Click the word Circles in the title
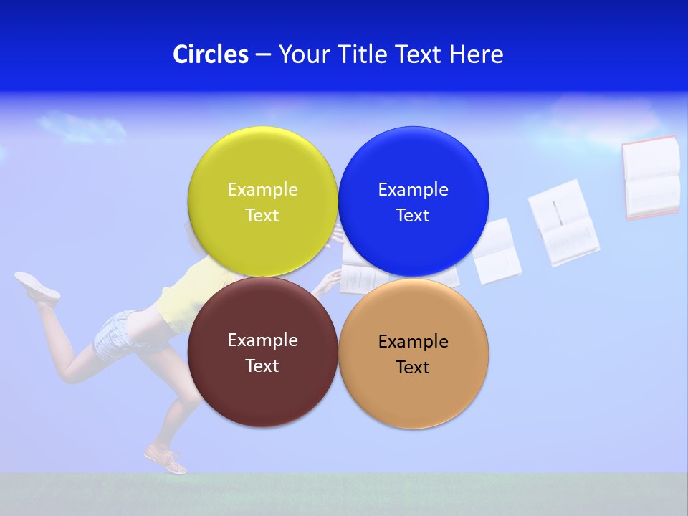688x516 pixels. tap(210, 54)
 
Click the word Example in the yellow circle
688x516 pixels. tap(262, 189)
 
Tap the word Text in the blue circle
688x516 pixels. tap(413, 215)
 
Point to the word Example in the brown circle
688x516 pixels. tap(262, 340)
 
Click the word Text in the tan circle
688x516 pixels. tap(413, 367)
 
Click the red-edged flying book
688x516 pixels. tap(651, 178)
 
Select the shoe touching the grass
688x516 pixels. tap(166, 460)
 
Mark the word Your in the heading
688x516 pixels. tap(302, 54)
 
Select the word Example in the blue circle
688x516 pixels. tap(413, 189)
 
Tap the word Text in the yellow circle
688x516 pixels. tap(262, 215)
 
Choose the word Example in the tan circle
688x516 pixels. tap(413, 341)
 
